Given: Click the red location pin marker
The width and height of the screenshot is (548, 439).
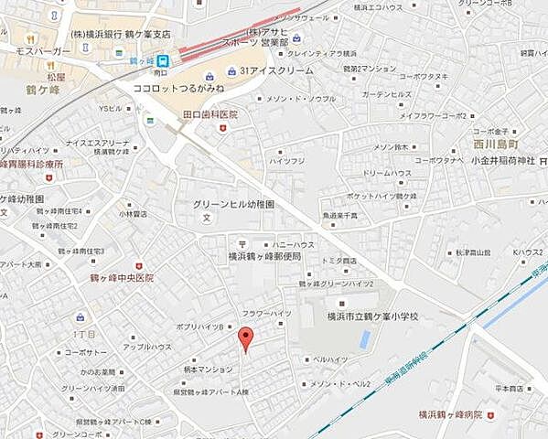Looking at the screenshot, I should coord(244,338).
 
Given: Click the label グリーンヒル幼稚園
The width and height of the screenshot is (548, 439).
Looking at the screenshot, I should coord(233,205).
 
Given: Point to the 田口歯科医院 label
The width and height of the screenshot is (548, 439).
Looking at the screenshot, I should coord(210,114).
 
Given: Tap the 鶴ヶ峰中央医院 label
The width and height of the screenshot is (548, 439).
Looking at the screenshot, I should coord(123,277).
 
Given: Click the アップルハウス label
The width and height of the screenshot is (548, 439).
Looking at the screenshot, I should coord(148,347).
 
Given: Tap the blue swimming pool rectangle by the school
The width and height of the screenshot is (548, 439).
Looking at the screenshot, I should coord(366,339).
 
